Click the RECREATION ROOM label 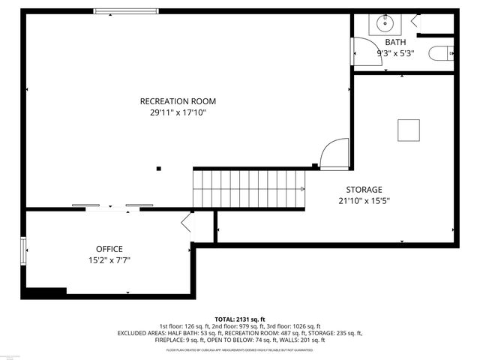pyautogui.click(x=178, y=101)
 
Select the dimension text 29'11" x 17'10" pyautogui.click(x=178, y=112)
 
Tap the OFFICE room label pyautogui.click(x=109, y=249)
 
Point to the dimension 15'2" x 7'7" pyautogui.click(x=109, y=260)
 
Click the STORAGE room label pyautogui.click(x=364, y=190)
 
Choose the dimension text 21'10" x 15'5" pyautogui.click(x=364, y=201)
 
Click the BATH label pyautogui.click(x=395, y=42)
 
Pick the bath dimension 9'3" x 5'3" pyautogui.click(x=395, y=53)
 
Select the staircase pyautogui.click(x=249, y=189)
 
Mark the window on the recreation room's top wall pyautogui.click(x=126, y=11)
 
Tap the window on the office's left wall pyautogui.click(x=24, y=250)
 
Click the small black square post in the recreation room pyautogui.click(x=158, y=169)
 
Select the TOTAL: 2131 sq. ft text pyautogui.click(x=240, y=319)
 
